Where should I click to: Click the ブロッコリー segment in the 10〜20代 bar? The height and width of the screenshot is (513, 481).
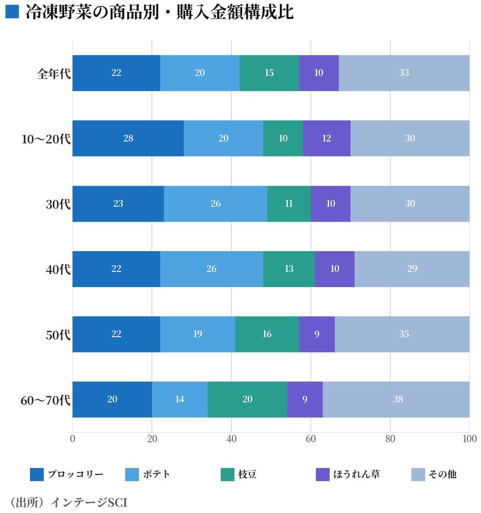coord(128,138)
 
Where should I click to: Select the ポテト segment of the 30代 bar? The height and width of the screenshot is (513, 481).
coord(215,203)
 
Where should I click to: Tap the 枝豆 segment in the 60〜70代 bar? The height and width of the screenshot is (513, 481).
coord(247,399)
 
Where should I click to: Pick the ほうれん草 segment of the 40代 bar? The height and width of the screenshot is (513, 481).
coord(334,269)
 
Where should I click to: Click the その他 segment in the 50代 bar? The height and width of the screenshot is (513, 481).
coord(402,334)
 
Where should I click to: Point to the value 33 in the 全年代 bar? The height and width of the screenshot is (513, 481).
coord(404,73)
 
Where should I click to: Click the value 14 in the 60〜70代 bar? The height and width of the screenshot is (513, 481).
coord(180,399)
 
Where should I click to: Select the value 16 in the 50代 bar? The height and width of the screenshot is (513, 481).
coord(267,334)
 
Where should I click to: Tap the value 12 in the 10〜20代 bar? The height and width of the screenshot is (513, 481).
coord(326,138)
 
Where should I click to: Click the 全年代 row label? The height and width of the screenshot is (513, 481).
coord(54,73)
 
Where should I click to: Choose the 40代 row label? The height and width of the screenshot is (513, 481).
coord(57,269)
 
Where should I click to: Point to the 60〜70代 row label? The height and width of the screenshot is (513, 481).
coord(45,399)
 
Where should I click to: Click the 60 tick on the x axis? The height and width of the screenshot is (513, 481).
coord(311,439)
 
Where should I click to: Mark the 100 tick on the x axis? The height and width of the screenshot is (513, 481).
coord(469,439)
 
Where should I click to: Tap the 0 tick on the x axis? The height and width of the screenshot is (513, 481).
coord(72,439)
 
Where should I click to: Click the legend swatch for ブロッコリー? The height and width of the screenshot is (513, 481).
coord(36,474)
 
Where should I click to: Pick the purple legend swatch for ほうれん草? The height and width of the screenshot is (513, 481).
coord(322,474)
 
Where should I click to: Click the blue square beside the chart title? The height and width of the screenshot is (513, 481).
coord(12,11)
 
